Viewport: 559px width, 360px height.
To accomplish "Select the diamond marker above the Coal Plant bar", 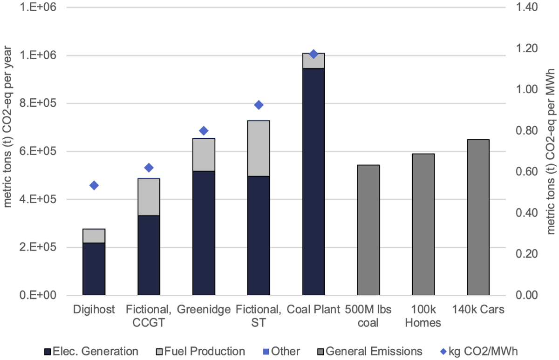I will click(x=314, y=54).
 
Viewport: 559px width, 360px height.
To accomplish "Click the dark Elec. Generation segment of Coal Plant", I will click(x=314, y=182).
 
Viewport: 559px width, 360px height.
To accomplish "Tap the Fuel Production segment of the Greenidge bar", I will click(x=204, y=155).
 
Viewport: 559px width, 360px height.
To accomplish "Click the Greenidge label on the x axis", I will click(x=204, y=309).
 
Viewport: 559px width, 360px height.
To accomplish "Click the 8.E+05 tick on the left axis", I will click(x=41, y=103).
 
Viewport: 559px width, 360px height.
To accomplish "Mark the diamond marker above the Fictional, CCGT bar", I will click(x=149, y=168).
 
